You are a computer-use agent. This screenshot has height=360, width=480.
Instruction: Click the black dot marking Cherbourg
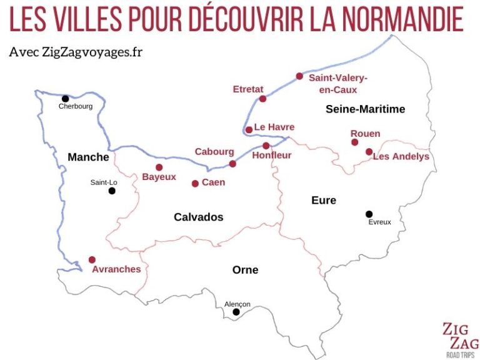65,98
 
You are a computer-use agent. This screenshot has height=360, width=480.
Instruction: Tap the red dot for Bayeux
159,167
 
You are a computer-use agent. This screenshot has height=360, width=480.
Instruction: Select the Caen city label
213,182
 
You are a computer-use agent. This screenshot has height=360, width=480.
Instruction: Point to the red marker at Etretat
262,99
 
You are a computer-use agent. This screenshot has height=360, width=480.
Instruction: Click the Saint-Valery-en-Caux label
338,83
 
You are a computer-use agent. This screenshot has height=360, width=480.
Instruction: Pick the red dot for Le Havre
249,130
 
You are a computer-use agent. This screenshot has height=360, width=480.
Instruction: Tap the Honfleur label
271,156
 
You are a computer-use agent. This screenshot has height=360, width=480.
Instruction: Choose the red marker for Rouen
355,142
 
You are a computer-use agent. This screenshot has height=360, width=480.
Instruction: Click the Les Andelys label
401,156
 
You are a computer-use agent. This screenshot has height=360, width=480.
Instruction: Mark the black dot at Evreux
369,214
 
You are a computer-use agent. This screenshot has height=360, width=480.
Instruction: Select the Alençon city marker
236,312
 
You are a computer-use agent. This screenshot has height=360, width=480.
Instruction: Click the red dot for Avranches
92,259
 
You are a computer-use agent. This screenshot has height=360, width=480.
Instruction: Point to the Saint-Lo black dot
112,191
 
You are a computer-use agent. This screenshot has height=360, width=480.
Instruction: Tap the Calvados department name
198,217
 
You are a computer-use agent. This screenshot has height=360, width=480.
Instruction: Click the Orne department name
245,269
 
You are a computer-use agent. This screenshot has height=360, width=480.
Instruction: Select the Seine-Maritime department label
365,109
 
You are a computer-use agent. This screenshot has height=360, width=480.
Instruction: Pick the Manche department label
88,157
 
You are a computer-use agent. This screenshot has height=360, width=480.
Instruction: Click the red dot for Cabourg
232,164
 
